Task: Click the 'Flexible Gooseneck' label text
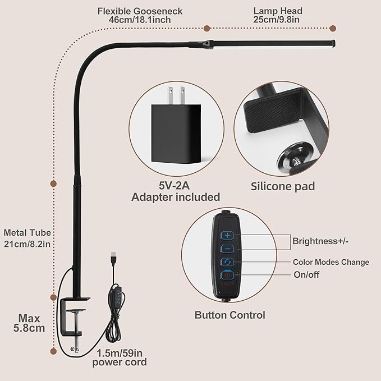(140, 11)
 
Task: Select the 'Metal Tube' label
(27, 232)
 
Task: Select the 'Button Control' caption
(229, 315)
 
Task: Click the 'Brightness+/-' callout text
(320, 241)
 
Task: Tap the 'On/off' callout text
(307, 274)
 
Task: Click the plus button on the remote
(227, 236)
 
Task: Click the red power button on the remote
(227, 275)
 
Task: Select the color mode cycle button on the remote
(227, 262)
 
